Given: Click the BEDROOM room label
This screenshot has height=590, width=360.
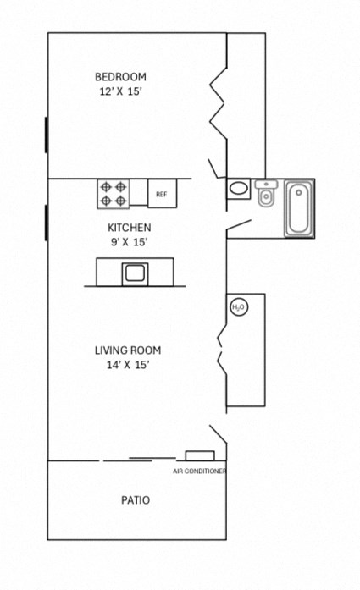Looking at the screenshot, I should tap(120, 76).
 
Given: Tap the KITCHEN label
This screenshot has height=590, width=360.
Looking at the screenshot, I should tap(129, 227).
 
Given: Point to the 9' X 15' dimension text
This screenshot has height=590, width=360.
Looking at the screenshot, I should tap(129, 242).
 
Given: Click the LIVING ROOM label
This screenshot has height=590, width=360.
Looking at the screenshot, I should tap(127, 350).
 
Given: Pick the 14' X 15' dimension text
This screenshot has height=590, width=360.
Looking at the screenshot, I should tap(127, 365).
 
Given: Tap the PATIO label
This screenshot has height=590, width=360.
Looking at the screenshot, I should tap(135, 500).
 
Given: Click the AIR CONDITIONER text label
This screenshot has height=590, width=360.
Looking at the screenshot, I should tap(199, 471).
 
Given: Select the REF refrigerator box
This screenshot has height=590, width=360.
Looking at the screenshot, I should tap(162, 194).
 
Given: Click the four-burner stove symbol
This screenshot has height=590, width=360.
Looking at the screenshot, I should tap(113, 193).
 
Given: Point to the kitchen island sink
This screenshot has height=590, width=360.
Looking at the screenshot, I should tap(135, 273).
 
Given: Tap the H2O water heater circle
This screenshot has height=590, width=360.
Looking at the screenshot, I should tap(238, 307).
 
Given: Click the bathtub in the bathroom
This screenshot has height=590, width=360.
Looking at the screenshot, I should tap(298, 208).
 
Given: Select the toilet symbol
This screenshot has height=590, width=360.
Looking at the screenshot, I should tap(265, 194).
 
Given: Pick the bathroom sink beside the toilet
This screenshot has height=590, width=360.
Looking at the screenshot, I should tap(239, 189).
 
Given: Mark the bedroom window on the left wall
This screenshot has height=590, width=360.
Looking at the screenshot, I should tap(46, 135).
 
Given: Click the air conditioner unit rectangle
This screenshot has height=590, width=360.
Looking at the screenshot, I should tap(199, 456).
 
